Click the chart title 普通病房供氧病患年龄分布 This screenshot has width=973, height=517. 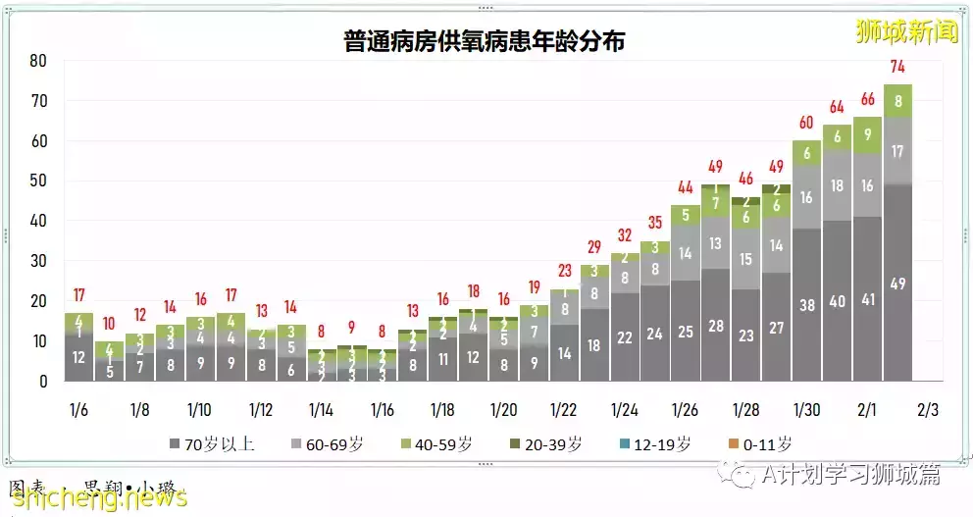coord(485,42)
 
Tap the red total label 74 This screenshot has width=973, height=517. coord(896,67)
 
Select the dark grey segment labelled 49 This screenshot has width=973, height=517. coord(896,284)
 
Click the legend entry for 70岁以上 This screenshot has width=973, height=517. coord(214,444)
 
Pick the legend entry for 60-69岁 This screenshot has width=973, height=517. coord(334,444)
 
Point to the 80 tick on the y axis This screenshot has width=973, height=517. coord(38,61)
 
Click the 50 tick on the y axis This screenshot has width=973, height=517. coord(38,181)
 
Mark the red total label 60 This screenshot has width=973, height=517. coord(806,123)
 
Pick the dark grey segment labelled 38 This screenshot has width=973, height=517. coord(806,305)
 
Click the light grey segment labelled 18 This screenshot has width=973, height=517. coord(837,185)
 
